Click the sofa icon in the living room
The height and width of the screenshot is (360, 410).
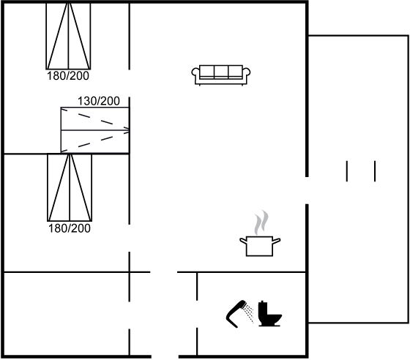coord(221,75)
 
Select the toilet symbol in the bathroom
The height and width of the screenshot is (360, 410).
coord(269,313)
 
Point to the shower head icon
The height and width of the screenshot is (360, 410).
coord(236,313)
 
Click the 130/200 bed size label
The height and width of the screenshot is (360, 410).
coord(99,101)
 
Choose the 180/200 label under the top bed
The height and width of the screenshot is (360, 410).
coord(68,76)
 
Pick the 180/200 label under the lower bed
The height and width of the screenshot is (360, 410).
coord(70,228)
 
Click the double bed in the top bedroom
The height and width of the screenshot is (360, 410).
coord(69,36)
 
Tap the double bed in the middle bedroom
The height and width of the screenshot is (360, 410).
coord(70,187)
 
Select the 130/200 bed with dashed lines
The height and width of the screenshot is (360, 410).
coord(95,130)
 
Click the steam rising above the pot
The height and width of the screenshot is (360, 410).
coord(261,222)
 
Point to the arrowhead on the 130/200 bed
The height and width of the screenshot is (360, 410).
coord(127,130)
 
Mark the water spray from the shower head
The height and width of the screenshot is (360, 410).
coord(249,314)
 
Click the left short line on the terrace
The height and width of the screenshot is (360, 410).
coord(347,171)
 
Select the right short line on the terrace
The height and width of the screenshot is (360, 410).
coord(375,171)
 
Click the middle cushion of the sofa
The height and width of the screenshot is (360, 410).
coord(221,72)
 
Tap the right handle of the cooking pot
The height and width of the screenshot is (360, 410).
coord(277,241)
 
